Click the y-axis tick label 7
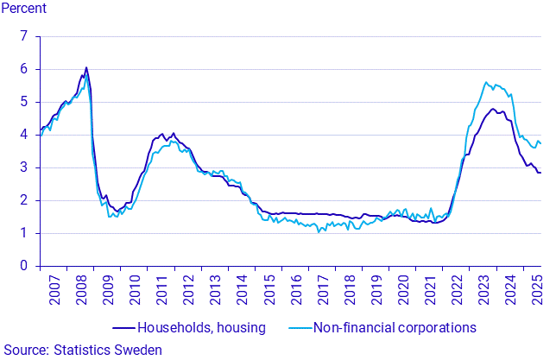23,36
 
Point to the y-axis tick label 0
23,266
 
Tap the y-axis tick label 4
23,135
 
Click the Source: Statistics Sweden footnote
82,350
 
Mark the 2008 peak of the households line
86,67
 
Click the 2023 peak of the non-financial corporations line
486,83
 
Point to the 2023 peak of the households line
492,109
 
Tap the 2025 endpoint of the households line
541,173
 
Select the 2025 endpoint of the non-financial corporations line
541,142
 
